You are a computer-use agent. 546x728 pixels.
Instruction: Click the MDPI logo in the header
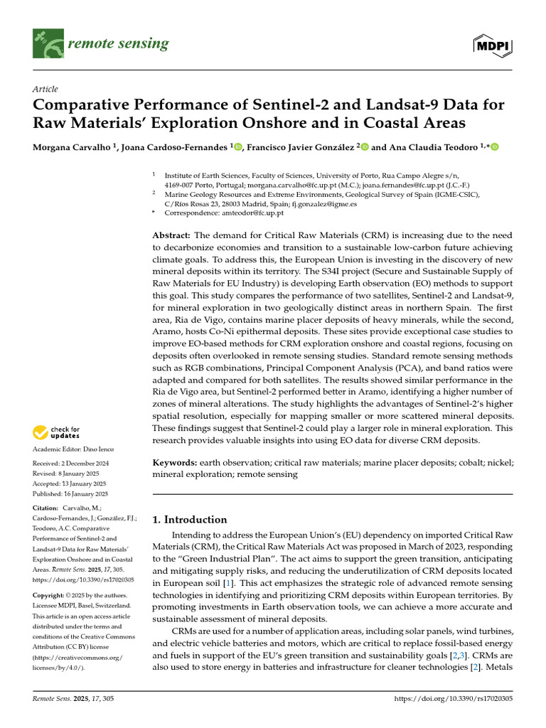click(x=493, y=45)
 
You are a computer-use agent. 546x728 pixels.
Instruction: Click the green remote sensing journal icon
click(x=48, y=44)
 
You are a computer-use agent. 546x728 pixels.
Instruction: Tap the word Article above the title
click(x=45, y=88)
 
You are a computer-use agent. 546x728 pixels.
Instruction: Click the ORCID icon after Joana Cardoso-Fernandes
click(x=237, y=147)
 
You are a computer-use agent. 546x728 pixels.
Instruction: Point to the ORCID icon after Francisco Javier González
click(x=365, y=147)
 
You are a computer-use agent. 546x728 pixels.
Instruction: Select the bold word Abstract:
click(x=171, y=235)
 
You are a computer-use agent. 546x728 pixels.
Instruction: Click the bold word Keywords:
click(x=175, y=462)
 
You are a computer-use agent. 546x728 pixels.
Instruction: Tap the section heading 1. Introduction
click(x=190, y=520)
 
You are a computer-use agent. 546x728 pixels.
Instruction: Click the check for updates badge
click(x=55, y=432)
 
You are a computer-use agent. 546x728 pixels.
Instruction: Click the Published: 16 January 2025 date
click(x=70, y=493)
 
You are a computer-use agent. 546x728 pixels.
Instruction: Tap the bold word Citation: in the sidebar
click(x=45, y=508)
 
